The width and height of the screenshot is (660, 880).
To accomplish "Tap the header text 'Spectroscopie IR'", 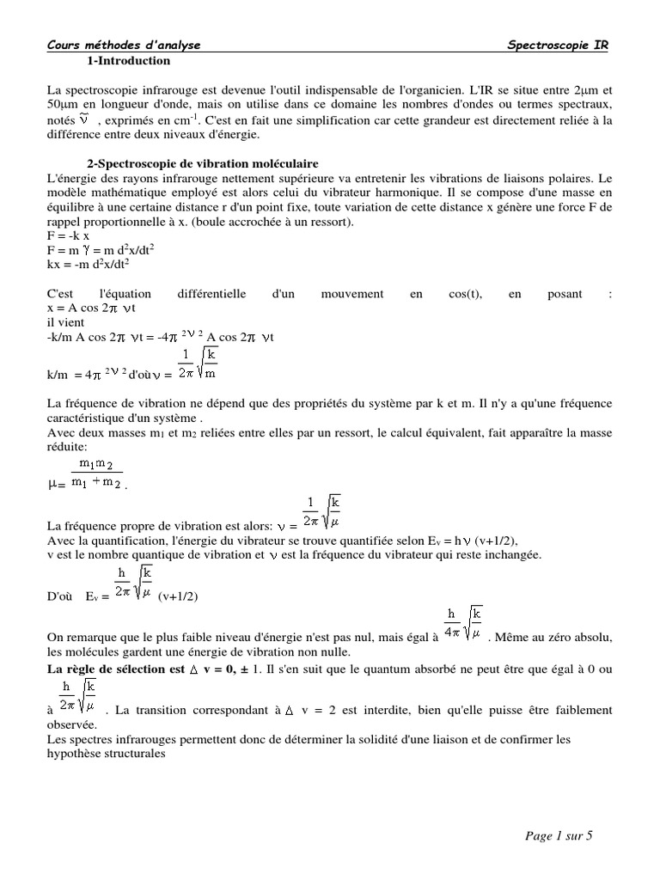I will click(x=558, y=46).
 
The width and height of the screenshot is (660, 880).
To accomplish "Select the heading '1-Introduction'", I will click(x=129, y=61).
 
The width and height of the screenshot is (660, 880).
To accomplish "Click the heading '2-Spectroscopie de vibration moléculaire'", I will click(x=203, y=163).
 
